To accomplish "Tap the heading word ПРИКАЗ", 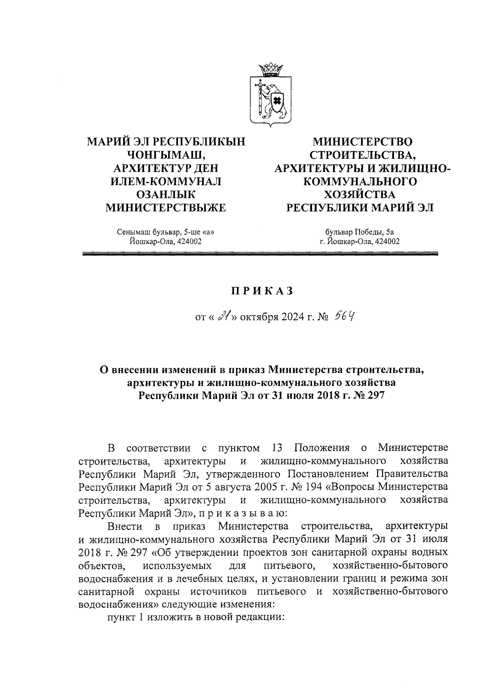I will pos(262,291).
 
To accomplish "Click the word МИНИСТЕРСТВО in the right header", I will pos(362,142).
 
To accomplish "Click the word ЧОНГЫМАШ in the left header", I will pos(165,155).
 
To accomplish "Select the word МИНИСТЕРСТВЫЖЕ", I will pos(166,208).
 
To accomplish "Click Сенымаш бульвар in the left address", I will pos(143,232).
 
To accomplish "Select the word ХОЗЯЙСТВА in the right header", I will pos(359,195).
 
